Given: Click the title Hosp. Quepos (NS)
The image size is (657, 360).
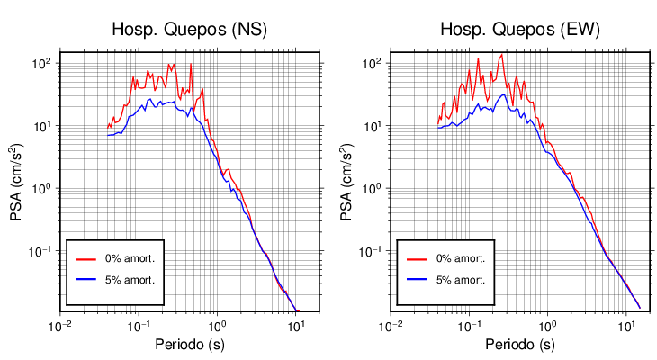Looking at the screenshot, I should coord(189,30).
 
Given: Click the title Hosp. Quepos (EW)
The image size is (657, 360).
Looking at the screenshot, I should coord(519,30).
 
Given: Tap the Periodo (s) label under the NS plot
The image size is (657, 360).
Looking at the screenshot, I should coord(191,345).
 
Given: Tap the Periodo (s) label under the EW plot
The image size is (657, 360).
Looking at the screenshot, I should coord(520,345).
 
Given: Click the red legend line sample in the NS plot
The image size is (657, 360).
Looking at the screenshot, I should coord(86,258).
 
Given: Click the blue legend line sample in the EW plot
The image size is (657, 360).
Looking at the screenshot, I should coord(417,280).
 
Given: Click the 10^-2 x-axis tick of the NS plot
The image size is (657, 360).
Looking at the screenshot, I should coord(60,325).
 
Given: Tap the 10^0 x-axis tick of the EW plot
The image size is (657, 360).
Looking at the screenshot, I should coord(546,325).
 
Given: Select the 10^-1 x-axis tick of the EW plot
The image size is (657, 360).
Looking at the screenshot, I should coord(468,325).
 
